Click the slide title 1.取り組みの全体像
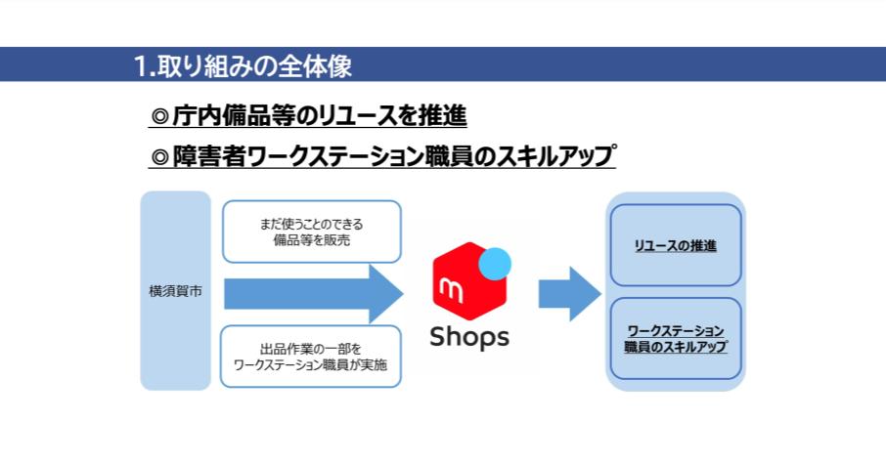[243, 65]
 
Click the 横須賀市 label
[175, 291]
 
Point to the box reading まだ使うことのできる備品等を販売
[312, 232]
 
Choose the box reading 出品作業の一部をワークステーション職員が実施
[311, 357]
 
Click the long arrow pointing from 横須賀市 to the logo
[314, 294]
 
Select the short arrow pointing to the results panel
[569, 294]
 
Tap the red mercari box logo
[470, 281]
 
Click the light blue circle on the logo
[495, 264]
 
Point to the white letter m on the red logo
[451, 290]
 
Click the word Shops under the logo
[469, 337]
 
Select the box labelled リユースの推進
[676, 245]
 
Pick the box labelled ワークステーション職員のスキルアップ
[676, 339]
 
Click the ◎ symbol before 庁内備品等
[160, 117]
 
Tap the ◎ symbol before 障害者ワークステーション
[160, 157]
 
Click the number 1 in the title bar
[140, 66]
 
